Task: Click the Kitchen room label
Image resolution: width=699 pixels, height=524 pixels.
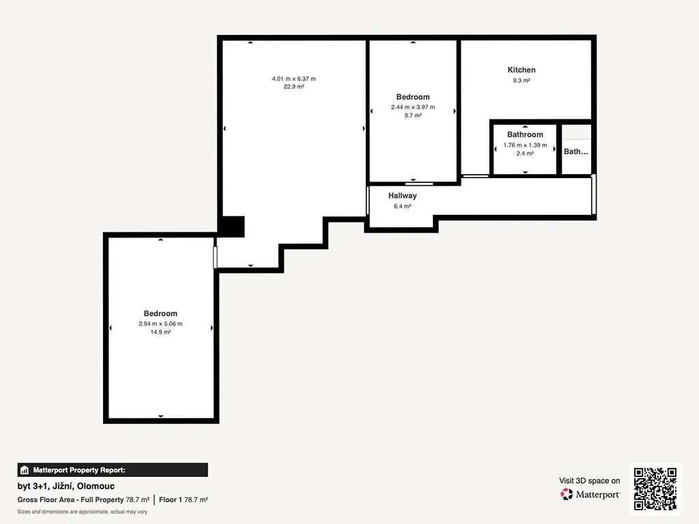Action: (521, 70)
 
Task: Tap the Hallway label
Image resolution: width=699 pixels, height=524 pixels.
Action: (402, 196)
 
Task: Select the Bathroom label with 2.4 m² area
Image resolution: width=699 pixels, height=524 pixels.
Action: (525, 134)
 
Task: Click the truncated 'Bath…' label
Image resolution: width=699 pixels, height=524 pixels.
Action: (575, 151)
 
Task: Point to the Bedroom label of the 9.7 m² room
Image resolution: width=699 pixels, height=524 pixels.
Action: (413, 97)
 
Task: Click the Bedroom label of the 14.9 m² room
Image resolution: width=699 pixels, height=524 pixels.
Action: (160, 314)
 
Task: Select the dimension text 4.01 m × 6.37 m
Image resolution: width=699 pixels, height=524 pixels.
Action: (294, 79)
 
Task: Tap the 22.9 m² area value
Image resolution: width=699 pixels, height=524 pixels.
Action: (294, 87)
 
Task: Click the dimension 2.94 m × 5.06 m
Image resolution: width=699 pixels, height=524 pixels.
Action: (160, 324)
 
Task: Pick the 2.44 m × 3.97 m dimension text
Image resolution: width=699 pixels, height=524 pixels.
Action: (413, 107)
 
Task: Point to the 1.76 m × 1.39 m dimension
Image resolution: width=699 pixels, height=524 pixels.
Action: (525, 145)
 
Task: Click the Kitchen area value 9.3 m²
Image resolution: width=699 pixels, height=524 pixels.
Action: (521, 81)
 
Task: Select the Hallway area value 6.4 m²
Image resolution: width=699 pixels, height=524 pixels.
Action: (402, 206)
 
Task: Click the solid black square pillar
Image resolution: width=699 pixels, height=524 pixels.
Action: (233, 227)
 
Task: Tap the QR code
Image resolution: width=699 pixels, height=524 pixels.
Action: (655, 489)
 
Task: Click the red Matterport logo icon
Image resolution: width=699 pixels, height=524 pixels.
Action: (567, 494)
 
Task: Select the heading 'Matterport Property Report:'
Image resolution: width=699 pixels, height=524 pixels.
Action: (79, 470)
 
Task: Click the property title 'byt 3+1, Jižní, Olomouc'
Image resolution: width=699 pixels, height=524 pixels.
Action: (66, 486)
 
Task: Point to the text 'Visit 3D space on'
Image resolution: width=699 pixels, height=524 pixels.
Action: (589, 481)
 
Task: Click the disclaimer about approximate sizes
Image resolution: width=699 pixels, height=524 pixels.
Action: (83, 512)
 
